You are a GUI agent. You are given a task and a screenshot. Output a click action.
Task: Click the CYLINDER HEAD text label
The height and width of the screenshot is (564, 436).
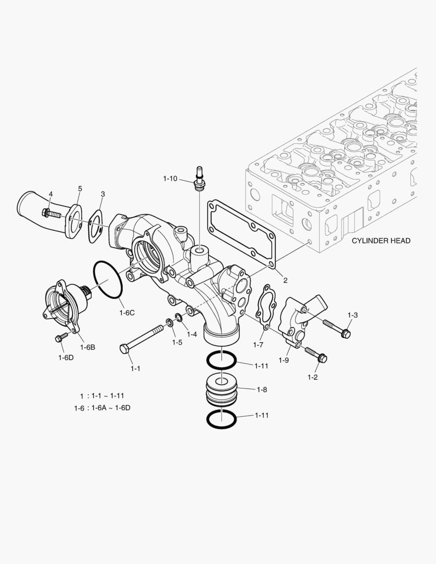381,241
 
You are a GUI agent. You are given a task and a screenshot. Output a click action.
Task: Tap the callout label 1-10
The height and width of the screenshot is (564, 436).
170,179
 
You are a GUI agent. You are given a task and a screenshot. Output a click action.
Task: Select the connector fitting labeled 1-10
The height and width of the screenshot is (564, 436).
198,179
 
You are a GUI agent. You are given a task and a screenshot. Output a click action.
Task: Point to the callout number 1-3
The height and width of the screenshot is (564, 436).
352,315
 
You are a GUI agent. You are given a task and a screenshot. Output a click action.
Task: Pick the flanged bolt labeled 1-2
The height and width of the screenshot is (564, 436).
315,355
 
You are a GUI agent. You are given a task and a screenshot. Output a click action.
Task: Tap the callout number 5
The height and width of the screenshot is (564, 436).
80,188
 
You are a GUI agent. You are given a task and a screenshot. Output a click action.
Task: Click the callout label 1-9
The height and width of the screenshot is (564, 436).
284,360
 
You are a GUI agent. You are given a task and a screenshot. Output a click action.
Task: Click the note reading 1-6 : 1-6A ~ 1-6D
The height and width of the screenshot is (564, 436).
102,408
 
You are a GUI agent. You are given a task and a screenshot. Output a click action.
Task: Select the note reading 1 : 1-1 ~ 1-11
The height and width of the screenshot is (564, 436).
102,395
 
